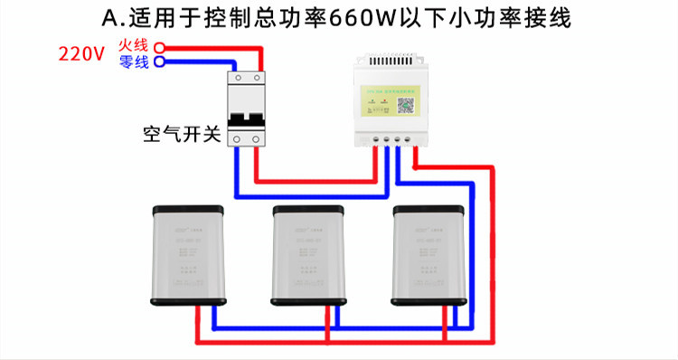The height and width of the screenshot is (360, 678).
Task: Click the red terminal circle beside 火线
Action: (159, 46)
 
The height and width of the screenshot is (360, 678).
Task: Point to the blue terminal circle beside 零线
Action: (159, 62)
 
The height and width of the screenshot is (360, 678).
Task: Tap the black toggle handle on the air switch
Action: (248, 118)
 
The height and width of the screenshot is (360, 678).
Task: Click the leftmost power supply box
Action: (188, 256)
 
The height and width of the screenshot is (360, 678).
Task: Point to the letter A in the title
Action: (112, 18)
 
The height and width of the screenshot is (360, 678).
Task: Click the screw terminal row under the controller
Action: (391, 140)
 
